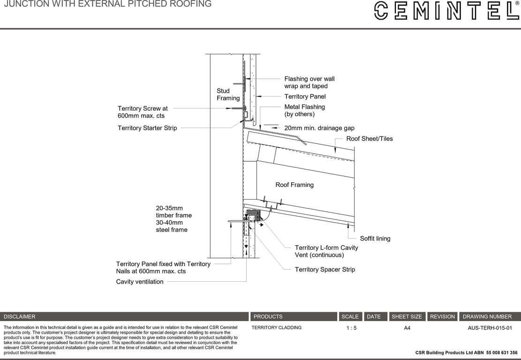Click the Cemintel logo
coord(446,10)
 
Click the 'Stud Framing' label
coord(228,94)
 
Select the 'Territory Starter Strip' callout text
coord(147,128)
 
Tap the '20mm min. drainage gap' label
coord(319,128)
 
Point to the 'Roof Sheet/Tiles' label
coord(369,139)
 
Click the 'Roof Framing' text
coord(294,185)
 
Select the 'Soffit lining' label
coord(375,239)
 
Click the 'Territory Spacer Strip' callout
coord(325,270)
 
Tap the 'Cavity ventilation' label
coord(140,282)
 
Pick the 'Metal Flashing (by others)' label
coord(304,111)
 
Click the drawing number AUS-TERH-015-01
coord(490,328)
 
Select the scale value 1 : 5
coord(351,328)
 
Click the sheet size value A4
coord(407,328)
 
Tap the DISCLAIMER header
coord(20,317)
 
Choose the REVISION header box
coord(442,317)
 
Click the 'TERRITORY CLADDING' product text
coord(276,328)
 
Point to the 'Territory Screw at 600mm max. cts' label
coord(143,112)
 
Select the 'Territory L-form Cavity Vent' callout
coord(326,251)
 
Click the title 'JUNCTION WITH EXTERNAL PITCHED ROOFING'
coord(107,4)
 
